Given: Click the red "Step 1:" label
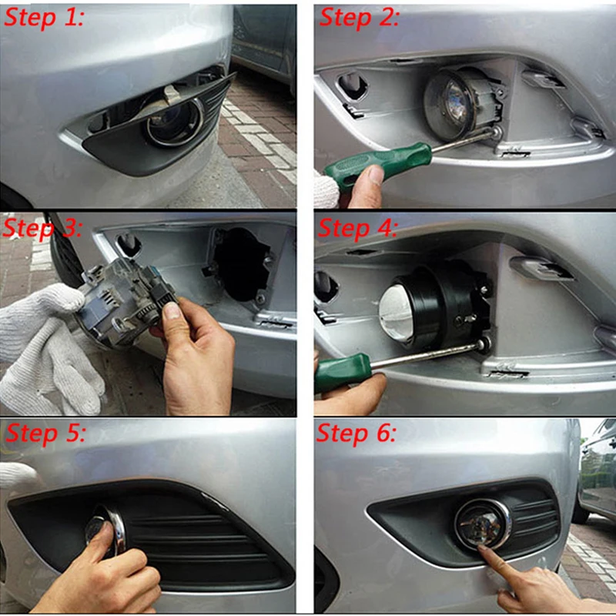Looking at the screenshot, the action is [44, 18].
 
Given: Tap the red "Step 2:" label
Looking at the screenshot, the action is [359, 18].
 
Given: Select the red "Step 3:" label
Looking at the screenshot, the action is [42, 227].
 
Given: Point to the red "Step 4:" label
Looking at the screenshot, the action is [357, 227].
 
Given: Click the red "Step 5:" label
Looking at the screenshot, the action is [45, 434].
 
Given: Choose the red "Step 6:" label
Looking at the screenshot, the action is [357, 434].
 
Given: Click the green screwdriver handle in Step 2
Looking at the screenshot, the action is [377, 165].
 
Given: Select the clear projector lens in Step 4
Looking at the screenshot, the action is [397, 311].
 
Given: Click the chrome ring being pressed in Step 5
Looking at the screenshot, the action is [117, 528].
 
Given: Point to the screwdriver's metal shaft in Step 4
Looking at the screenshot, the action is [428, 355].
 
